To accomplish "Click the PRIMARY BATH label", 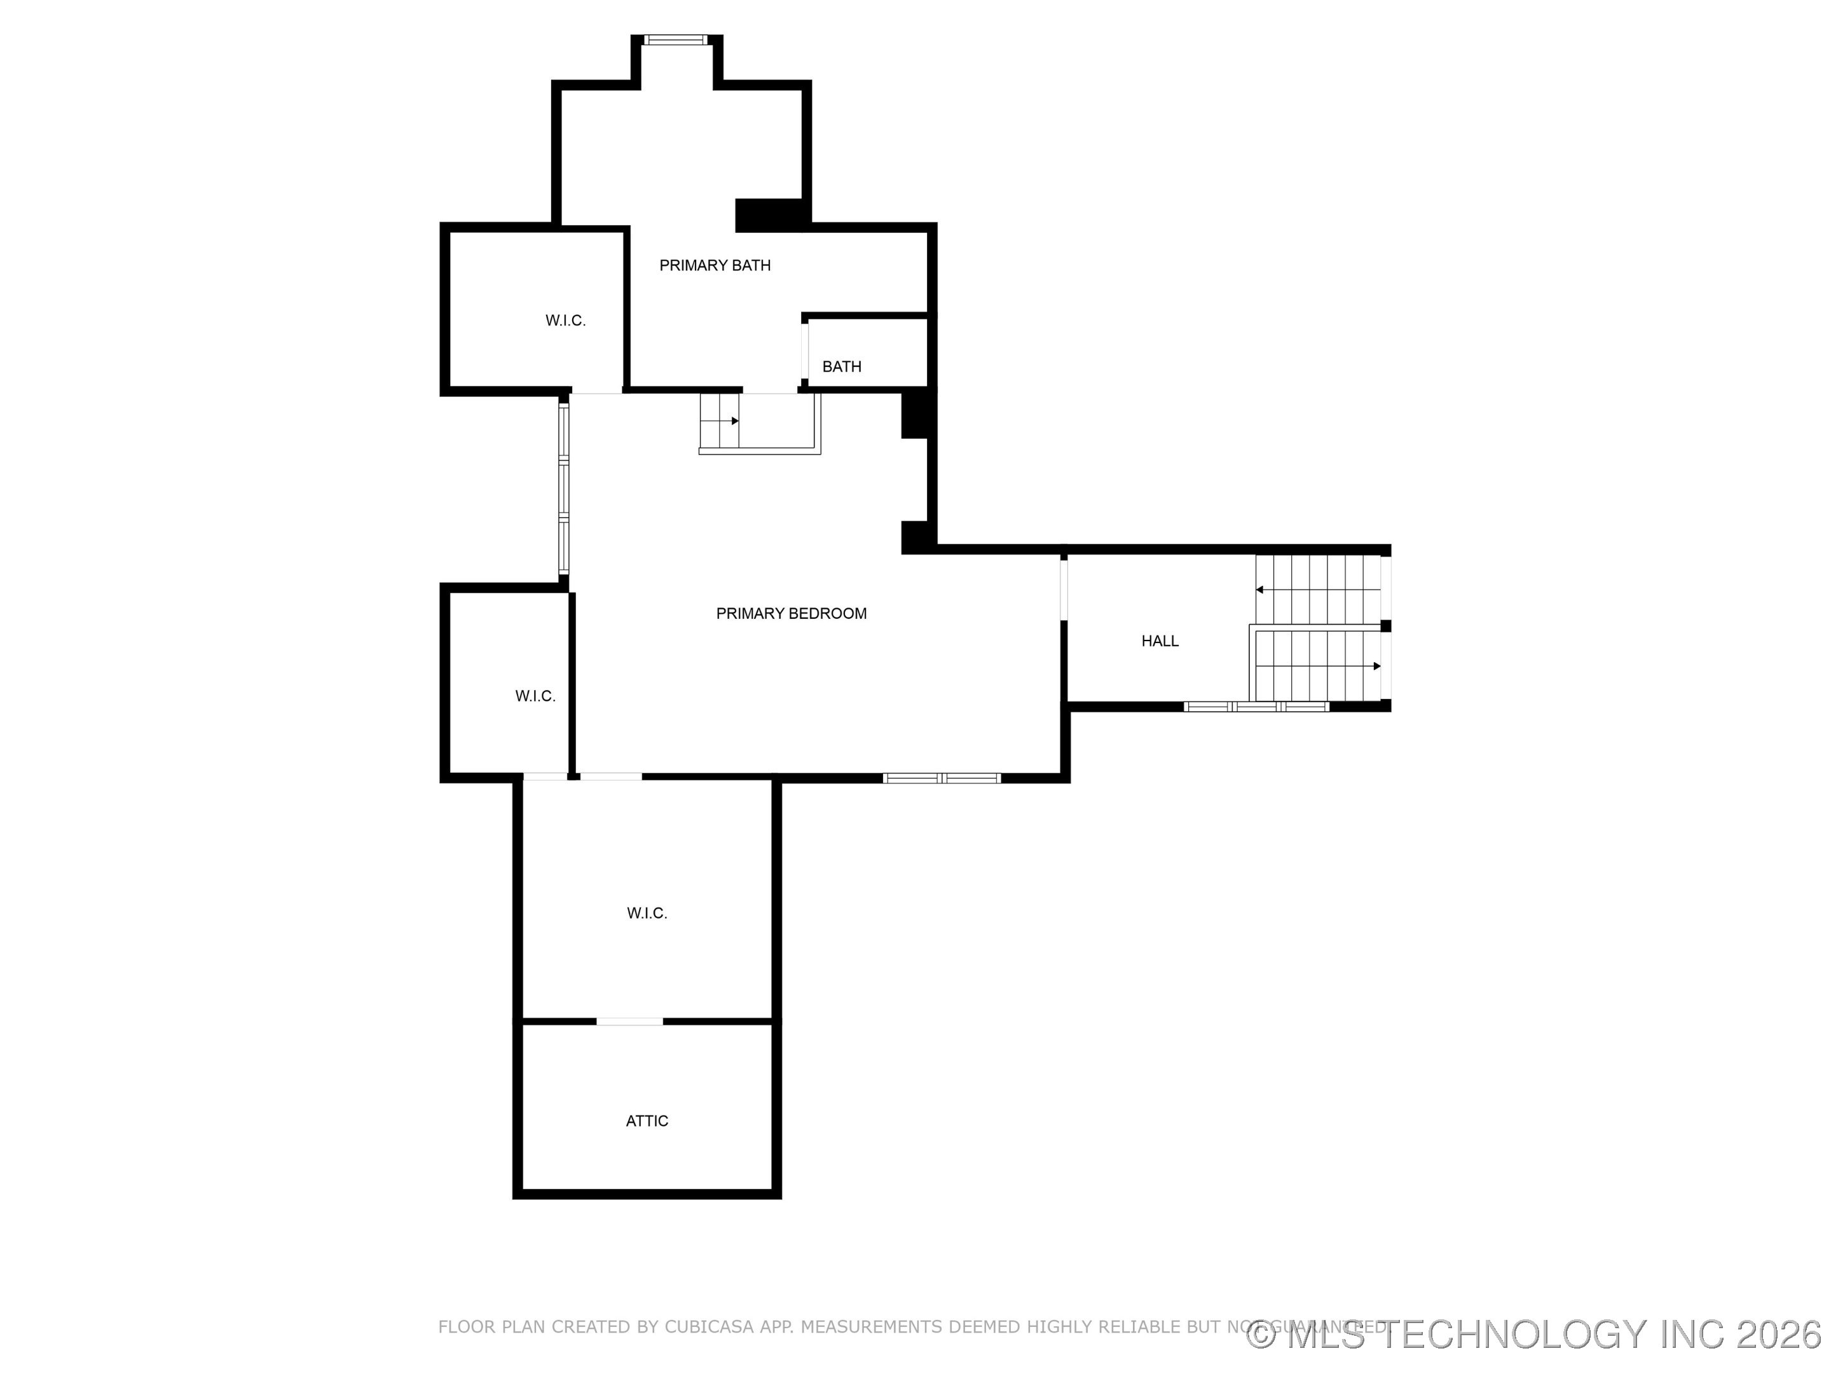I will tap(715, 266).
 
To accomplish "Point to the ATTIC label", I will tap(647, 1121).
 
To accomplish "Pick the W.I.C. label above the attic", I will tap(647, 913).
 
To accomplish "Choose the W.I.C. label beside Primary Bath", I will tap(565, 321).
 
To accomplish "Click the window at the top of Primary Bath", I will tap(675, 39).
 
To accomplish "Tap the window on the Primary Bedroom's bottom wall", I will tap(941, 779).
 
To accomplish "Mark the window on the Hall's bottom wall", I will tap(1256, 707).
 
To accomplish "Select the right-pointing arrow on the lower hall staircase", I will tap(1376, 666).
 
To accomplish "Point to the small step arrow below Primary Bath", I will tap(734, 420).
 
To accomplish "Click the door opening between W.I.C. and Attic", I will tap(629, 1021).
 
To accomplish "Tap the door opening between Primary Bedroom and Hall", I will tap(1064, 590).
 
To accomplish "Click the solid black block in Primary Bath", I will tap(767, 216).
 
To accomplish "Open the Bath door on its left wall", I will tap(805, 351).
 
